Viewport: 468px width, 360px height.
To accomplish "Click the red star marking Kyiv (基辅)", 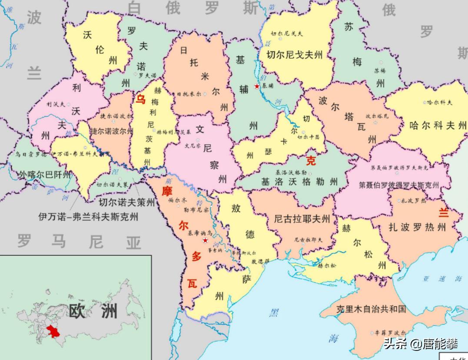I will [x=257, y=86].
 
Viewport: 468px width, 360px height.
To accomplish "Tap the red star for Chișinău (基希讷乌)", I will [x=205, y=241].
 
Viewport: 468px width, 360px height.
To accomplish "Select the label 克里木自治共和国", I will [x=371, y=309].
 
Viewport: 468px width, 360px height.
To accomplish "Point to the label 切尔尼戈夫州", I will [x=295, y=55].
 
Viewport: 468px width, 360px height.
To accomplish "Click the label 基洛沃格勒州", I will [x=299, y=182].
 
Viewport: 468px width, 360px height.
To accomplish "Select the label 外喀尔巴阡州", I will [x=44, y=175].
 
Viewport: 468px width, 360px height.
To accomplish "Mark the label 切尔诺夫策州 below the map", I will [x=126, y=202].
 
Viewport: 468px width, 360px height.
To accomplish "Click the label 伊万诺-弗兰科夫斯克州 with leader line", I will [x=88, y=217].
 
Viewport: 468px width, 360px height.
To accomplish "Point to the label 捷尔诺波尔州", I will [x=111, y=131].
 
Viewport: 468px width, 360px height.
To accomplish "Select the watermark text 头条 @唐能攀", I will [x=420, y=344].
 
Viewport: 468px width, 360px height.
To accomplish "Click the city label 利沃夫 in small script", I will [x=55, y=104].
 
